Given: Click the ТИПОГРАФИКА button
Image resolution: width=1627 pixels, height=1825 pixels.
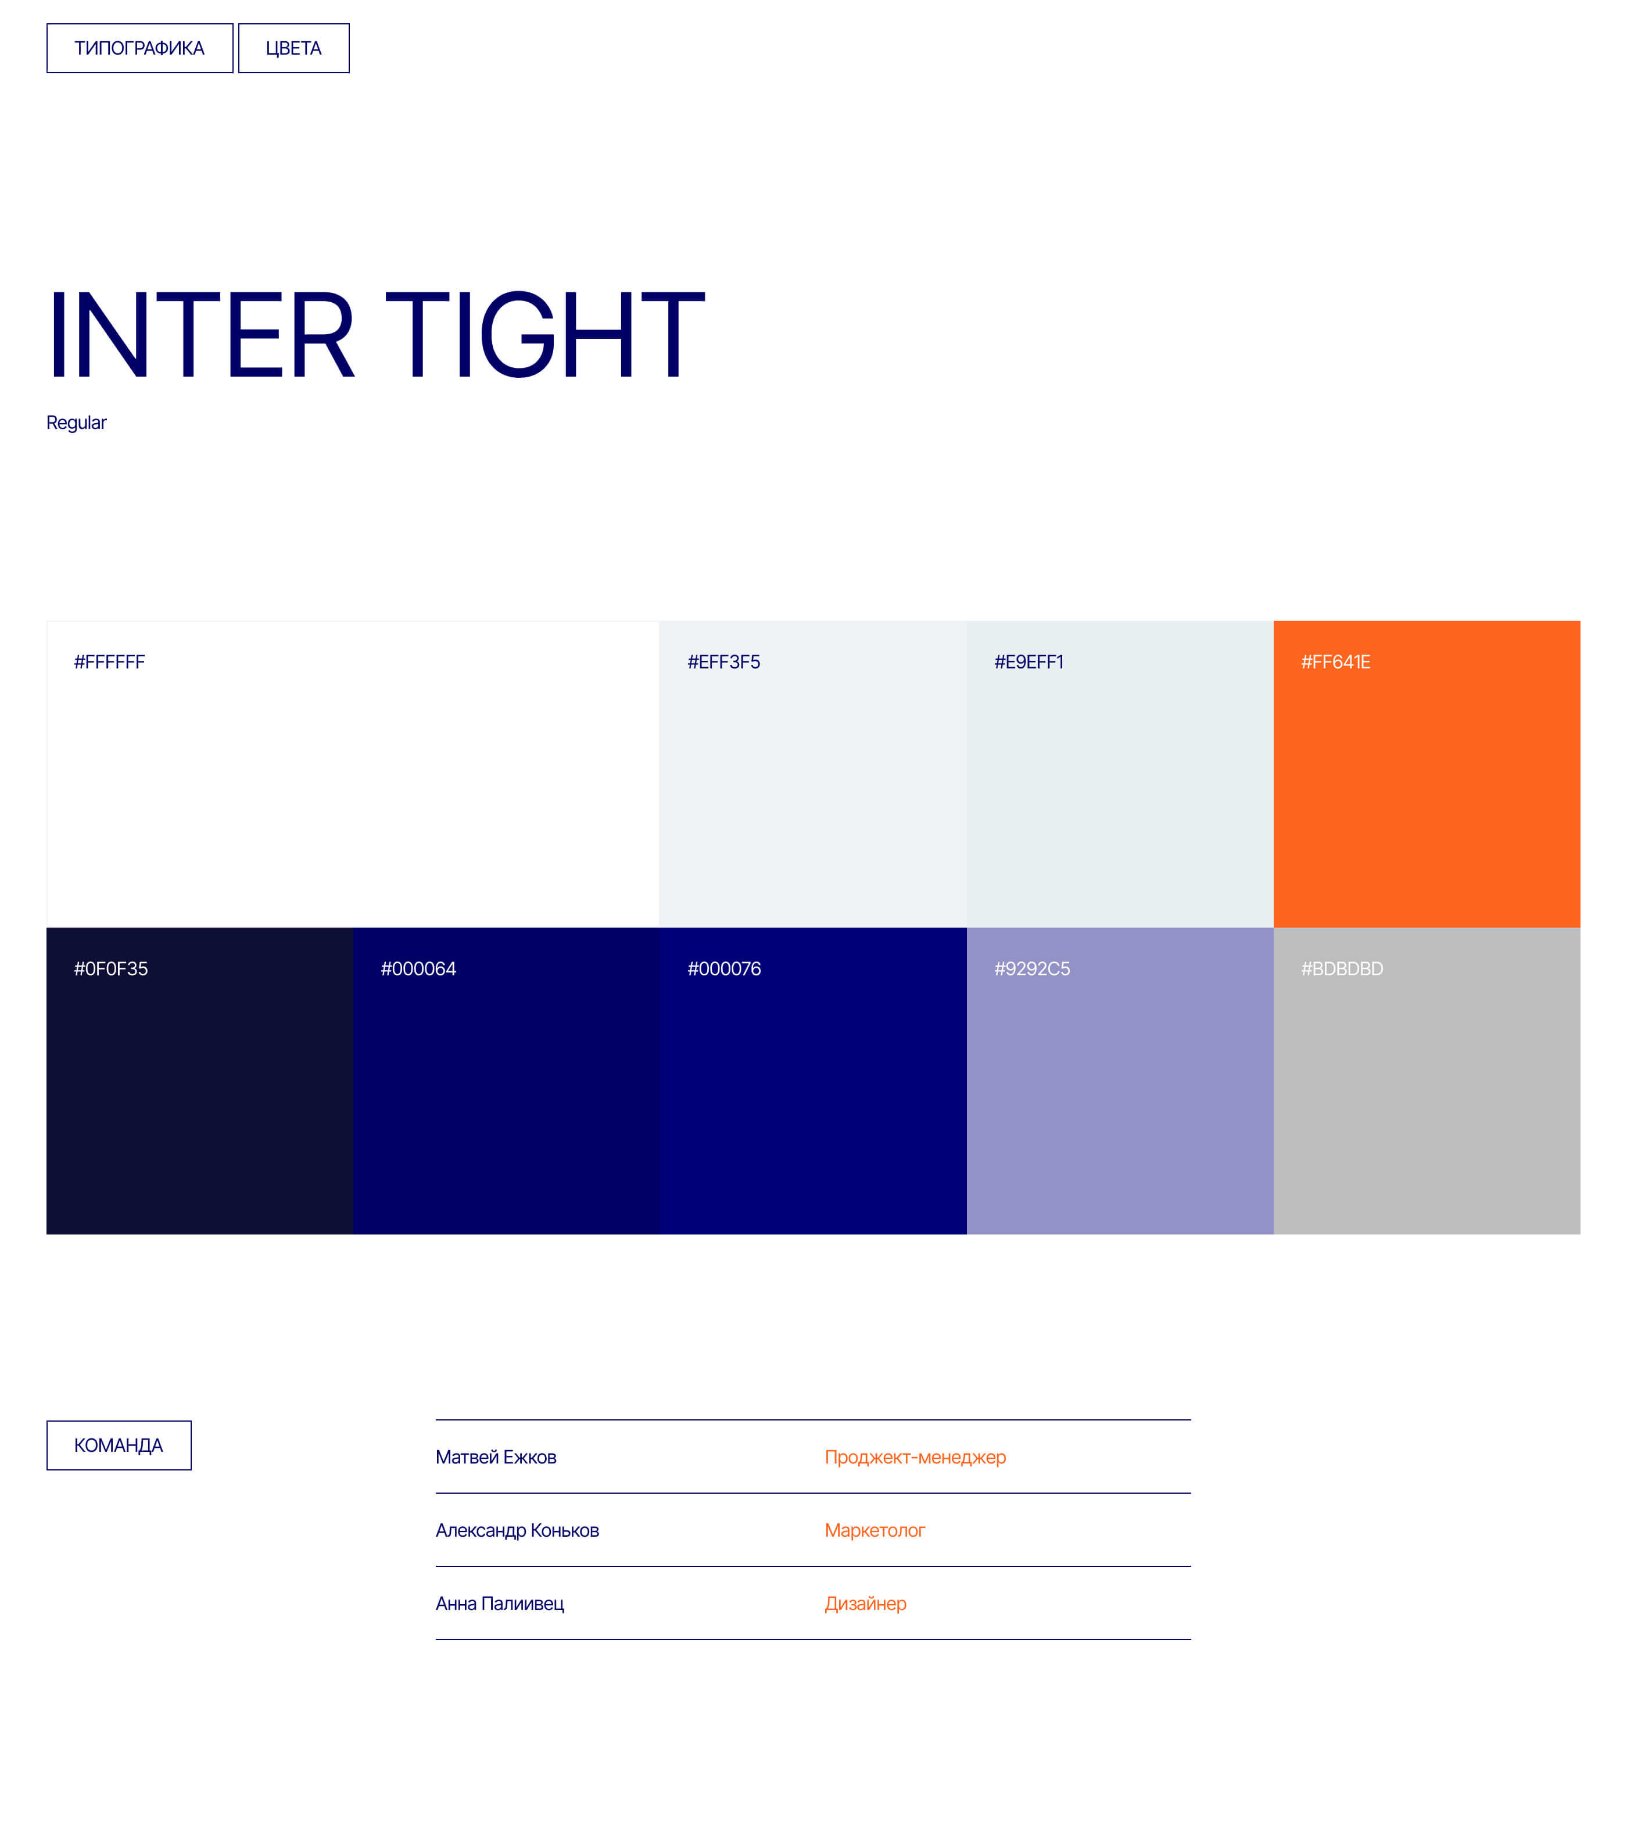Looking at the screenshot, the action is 139,48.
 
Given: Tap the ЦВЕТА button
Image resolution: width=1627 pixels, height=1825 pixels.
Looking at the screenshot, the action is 293,48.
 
